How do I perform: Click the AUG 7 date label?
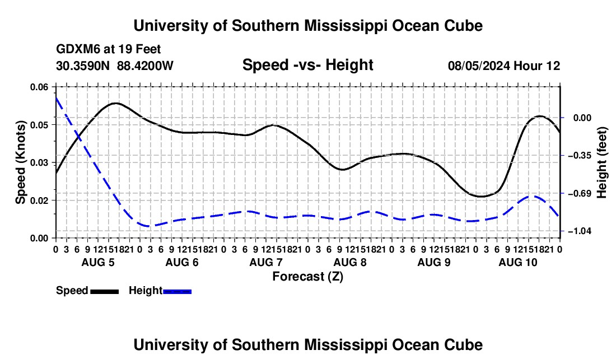click(266, 262)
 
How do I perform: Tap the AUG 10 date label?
click(518, 262)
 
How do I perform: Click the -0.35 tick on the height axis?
click(580, 156)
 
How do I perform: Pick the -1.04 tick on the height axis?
click(580, 231)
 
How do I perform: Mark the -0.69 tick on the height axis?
click(580, 193)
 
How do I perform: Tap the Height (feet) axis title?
click(601, 162)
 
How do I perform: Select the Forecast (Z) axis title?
click(307, 277)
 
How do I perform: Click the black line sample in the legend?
click(105, 291)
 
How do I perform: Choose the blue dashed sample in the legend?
click(177, 291)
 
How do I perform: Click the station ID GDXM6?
click(78, 49)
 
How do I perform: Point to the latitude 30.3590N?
click(82, 66)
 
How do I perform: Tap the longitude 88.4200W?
click(145, 66)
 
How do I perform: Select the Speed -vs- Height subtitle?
click(307, 65)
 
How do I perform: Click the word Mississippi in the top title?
click(346, 26)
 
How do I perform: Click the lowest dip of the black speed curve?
click(482, 197)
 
